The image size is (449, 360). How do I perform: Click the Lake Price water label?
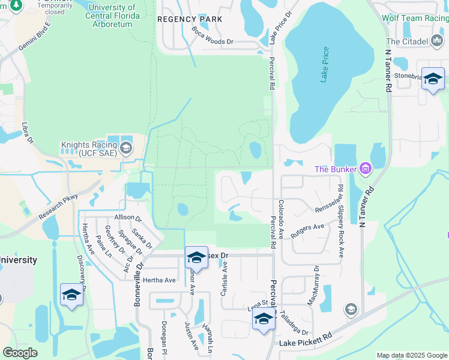(x=325, y=65)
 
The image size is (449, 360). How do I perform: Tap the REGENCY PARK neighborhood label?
(x=190, y=19)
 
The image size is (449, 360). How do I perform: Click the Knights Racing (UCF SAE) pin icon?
(x=126, y=148)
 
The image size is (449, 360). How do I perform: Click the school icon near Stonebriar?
(x=433, y=79)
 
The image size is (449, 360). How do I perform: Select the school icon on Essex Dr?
(x=196, y=257)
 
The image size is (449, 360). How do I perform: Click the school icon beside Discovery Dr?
(x=71, y=295)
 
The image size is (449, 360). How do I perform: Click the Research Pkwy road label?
(x=59, y=206)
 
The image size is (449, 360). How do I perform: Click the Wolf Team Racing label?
(x=415, y=18)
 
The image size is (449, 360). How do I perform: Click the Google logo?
(x=20, y=353)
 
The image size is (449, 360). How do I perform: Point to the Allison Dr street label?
(x=127, y=217)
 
